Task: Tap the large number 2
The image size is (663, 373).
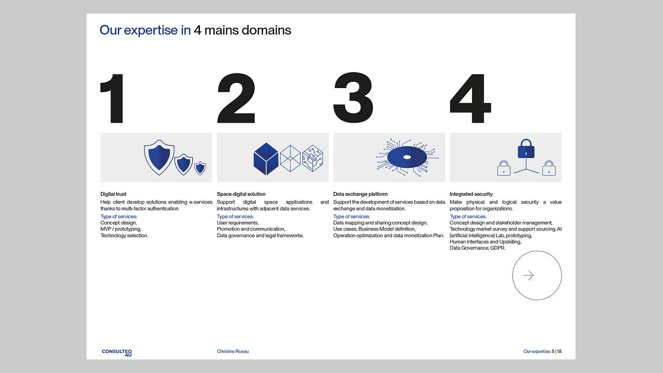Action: [x=236, y=98]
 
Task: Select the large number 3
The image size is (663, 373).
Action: [x=353, y=98]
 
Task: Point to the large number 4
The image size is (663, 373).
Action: [x=470, y=98]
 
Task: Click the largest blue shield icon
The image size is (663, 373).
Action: [x=159, y=156]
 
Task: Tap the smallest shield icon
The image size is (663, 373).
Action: [x=200, y=168]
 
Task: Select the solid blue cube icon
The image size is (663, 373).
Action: [x=266, y=159]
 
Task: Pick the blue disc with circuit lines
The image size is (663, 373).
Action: [x=407, y=157]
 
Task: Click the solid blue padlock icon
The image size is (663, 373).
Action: [x=526, y=149]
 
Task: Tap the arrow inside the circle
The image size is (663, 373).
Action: [x=528, y=276]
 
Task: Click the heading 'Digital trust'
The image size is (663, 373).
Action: [x=113, y=194]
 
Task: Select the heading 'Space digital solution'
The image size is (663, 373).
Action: [x=241, y=194]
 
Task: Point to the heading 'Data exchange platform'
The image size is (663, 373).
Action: [x=360, y=194]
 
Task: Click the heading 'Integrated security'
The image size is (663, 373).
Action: [x=471, y=194]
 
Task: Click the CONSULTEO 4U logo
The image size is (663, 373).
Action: [x=117, y=352]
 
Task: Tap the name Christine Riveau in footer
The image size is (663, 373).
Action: [x=233, y=351]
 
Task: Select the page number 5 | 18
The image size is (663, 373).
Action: [x=557, y=351]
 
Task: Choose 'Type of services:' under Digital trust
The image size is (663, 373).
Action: [x=119, y=217]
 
